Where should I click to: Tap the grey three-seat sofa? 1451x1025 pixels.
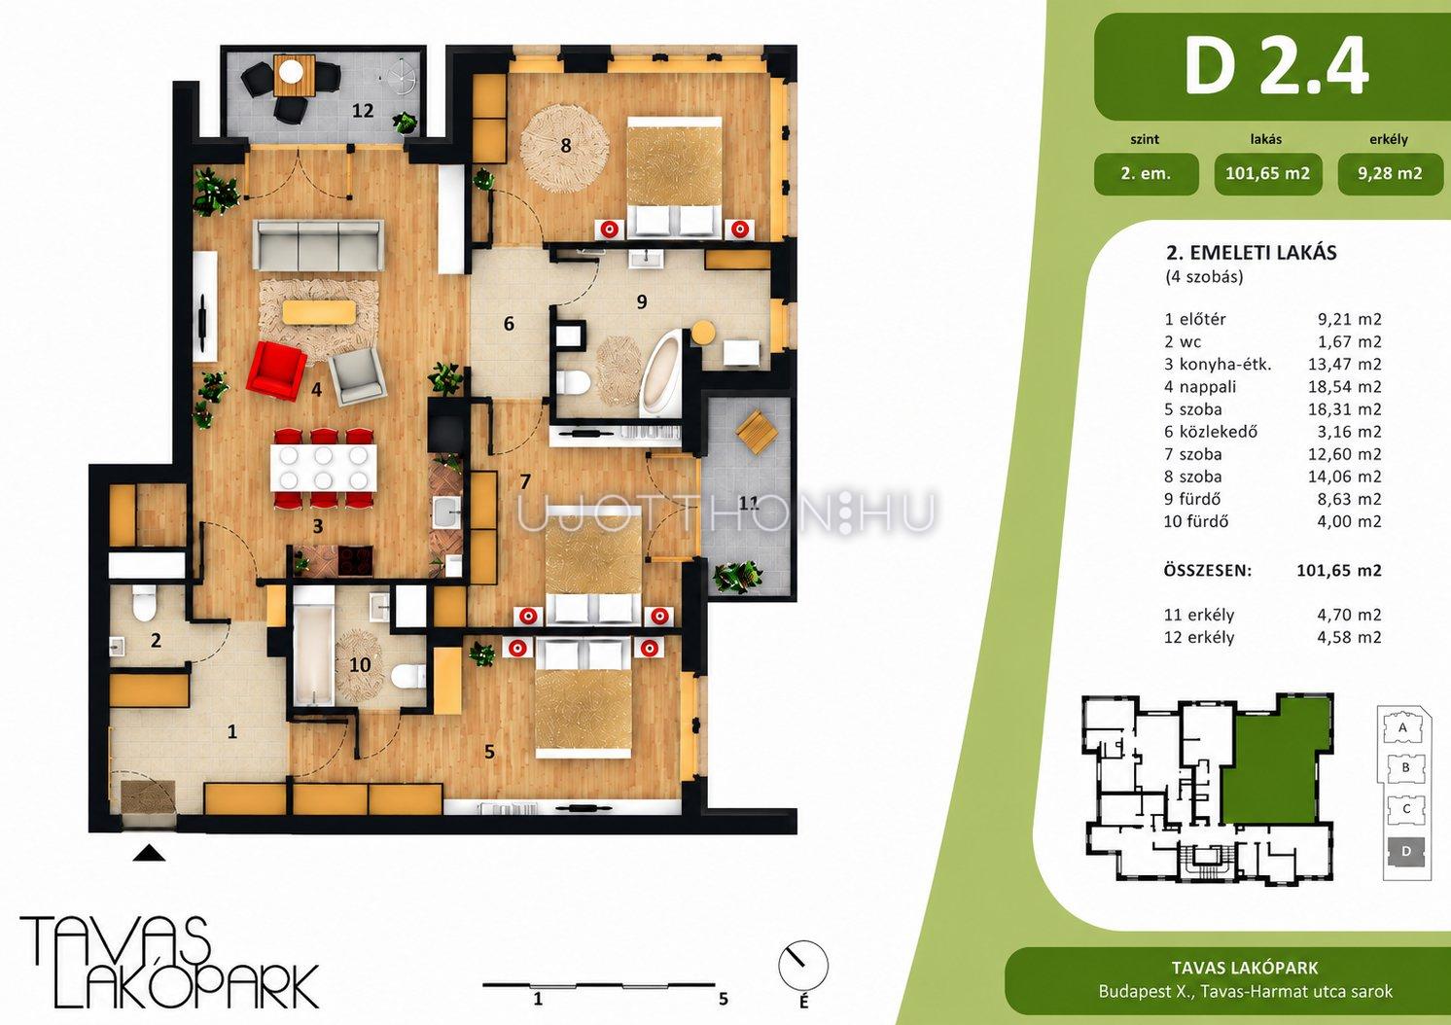click(318, 246)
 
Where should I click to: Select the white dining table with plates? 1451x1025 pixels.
click(323, 468)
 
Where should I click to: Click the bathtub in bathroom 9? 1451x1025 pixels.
click(660, 373)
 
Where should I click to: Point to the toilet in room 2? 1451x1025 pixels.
click(143, 603)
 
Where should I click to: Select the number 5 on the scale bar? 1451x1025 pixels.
click(724, 999)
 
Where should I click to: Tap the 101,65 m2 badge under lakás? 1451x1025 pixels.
click(1268, 174)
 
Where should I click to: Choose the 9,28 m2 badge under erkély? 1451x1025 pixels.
click(1390, 174)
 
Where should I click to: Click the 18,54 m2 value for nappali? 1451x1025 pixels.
click(1344, 387)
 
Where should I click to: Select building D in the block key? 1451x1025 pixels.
click(1405, 851)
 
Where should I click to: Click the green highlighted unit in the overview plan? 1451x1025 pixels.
click(1276, 764)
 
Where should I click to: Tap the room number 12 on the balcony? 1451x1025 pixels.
click(363, 111)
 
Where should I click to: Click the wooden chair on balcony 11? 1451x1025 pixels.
click(758, 434)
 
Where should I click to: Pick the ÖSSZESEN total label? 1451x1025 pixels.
click(1208, 571)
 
